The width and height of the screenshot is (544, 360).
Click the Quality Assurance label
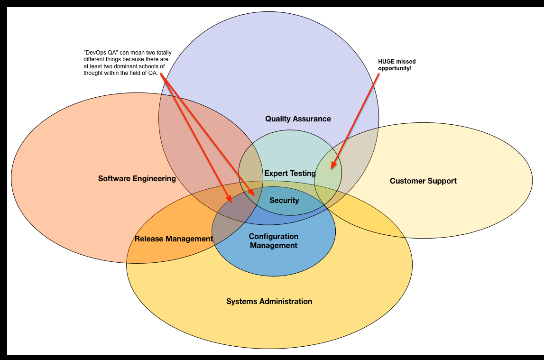(x=298, y=119)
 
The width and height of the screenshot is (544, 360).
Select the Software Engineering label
(x=137, y=179)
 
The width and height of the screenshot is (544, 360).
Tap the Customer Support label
(x=423, y=181)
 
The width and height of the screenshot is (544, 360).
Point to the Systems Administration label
(x=269, y=301)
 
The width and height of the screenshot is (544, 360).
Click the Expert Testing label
(x=290, y=173)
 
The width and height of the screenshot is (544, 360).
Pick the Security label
(x=284, y=200)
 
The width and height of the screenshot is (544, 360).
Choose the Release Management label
(x=174, y=239)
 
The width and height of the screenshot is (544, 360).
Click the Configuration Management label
(x=274, y=241)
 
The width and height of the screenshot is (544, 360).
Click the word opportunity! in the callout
(x=395, y=68)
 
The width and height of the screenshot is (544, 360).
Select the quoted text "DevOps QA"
(x=99, y=53)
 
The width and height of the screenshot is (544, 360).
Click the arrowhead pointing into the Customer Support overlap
(x=332, y=166)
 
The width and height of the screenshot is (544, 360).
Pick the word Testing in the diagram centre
(x=304, y=173)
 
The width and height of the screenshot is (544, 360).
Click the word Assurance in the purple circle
(x=313, y=119)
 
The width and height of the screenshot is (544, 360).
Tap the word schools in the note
(x=151, y=66)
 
